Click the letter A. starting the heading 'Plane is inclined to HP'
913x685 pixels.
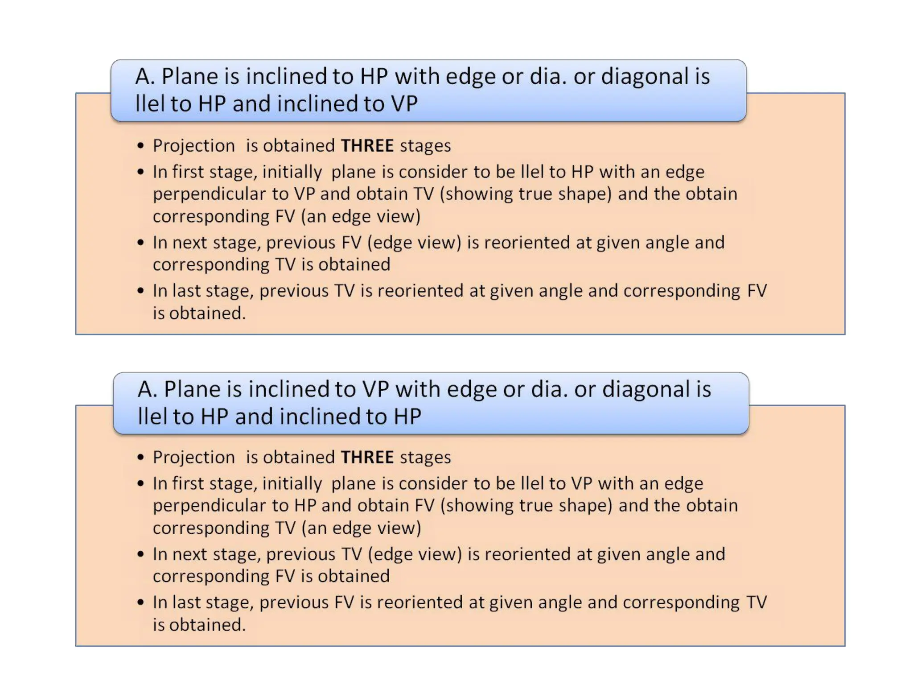(145, 76)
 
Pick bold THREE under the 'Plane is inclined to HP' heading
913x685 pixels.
(367, 146)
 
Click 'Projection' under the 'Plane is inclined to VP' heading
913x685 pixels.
(193, 458)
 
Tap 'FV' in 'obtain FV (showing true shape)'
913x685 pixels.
(424, 506)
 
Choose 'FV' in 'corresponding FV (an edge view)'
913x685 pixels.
(285, 216)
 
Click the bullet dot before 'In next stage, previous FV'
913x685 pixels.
(141, 243)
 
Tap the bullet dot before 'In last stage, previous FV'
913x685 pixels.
(141, 602)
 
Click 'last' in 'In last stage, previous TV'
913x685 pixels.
(185, 291)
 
